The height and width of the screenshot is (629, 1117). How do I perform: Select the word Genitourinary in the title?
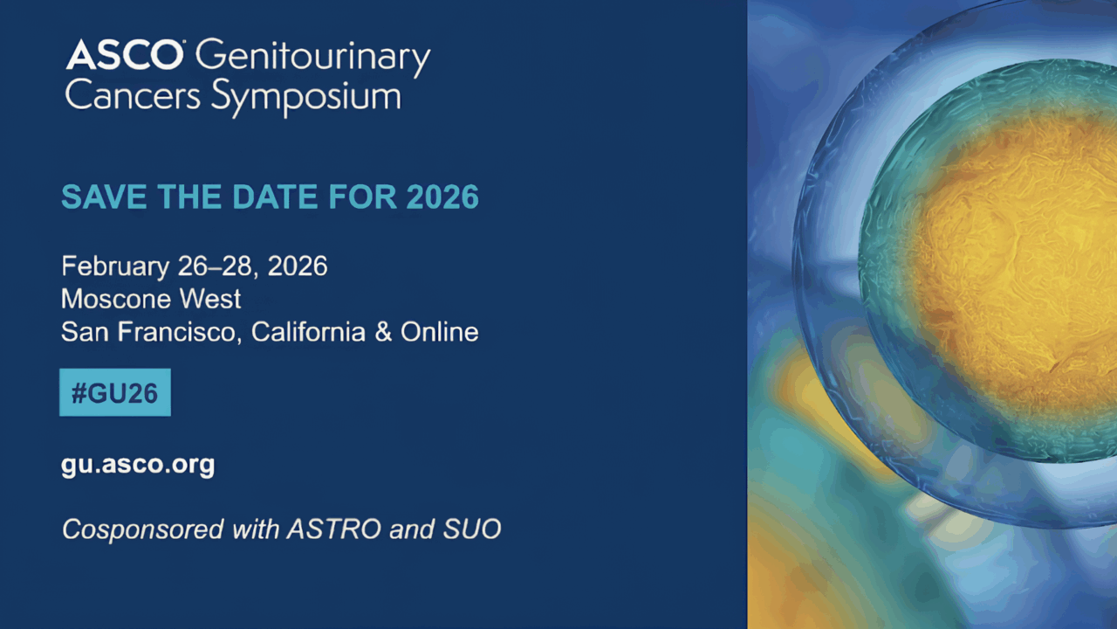[x=312, y=58]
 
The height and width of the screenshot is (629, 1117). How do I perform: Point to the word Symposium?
[x=306, y=99]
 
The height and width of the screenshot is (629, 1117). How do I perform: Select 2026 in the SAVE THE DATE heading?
[x=442, y=197]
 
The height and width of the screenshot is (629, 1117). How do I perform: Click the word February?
[x=113, y=266]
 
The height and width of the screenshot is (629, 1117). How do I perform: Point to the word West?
[x=209, y=299]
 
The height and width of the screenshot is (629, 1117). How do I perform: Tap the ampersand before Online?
[x=383, y=332]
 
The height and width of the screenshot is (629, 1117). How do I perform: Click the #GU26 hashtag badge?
[x=114, y=392]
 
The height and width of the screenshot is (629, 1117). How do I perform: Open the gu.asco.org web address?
[x=138, y=464]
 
